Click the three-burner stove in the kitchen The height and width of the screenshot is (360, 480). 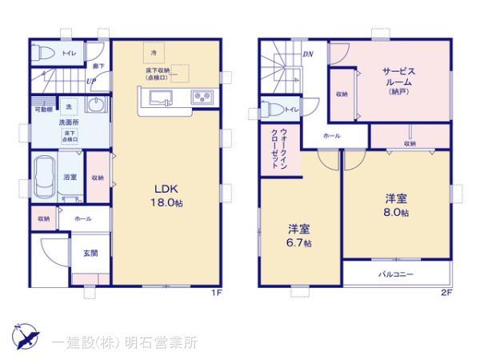[201, 99]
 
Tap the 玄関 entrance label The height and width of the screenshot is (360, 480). [90, 254]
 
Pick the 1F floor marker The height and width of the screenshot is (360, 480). [216, 291]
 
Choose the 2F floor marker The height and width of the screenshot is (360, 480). [446, 291]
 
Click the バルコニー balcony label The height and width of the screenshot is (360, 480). [396, 274]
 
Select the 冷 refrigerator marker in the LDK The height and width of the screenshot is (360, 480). [153, 52]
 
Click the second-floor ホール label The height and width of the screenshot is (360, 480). [331, 137]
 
